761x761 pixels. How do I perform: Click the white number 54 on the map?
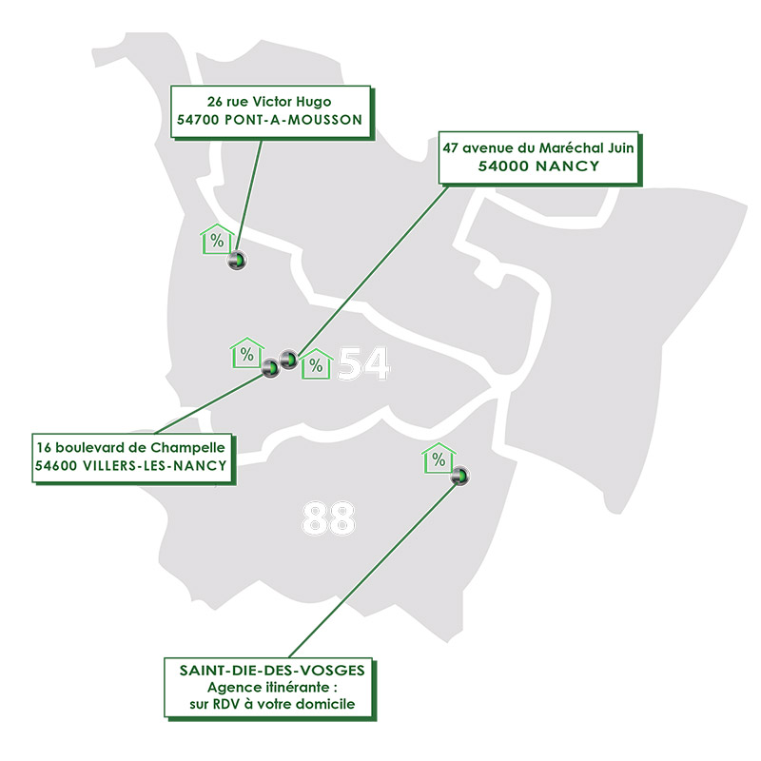coord(363,363)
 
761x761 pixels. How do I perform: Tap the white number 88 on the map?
coord(328,518)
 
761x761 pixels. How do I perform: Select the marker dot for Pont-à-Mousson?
coord(237,260)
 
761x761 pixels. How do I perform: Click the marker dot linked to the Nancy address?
coord(289,360)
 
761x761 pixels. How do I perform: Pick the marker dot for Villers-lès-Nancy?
coord(271,368)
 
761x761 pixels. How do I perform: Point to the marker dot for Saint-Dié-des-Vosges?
coord(460,476)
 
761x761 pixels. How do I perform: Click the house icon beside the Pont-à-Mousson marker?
coord(217,239)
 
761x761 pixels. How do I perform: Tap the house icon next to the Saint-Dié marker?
coord(439,459)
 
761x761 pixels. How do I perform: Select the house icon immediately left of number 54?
coord(316,364)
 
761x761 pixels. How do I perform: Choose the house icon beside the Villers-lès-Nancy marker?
coord(247,353)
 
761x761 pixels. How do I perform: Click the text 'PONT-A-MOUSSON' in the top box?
coord(294,120)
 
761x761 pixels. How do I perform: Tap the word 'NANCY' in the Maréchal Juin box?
coord(567,166)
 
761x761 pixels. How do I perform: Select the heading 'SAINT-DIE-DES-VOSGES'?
coord(272,671)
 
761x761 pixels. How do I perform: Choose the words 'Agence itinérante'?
coord(268,687)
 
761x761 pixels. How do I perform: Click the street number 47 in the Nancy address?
coord(450,148)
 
